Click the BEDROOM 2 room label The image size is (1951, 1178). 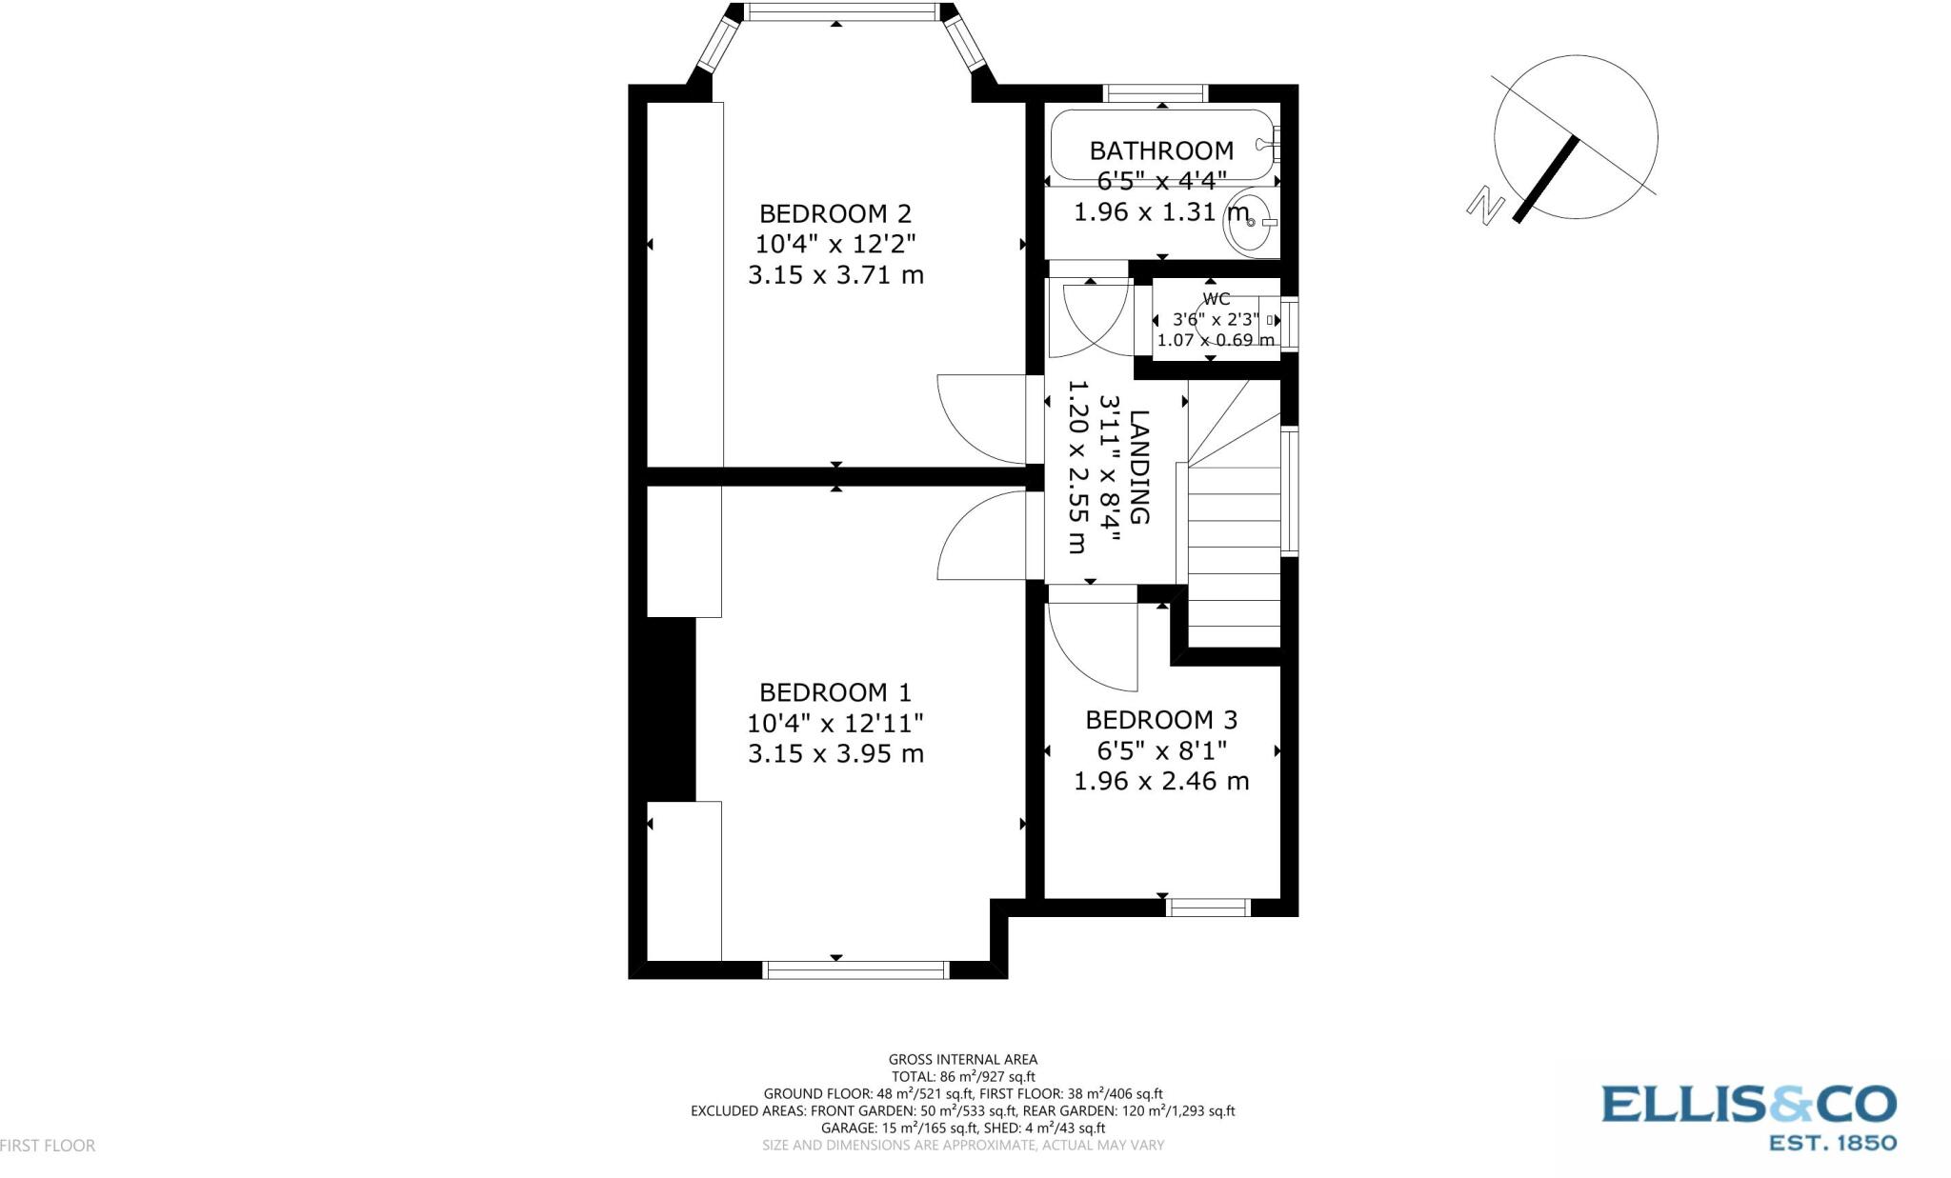pyautogui.click(x=835, y=213)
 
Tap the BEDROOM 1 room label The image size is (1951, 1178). pyautogui.click(x=835, y=692)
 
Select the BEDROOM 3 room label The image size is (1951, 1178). pyautogui.click(x=1161, y=720)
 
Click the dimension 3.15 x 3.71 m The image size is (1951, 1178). pyautogui.click(x=835, y=275)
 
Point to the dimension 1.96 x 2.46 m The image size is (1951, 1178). pyautogui.click(x=1161, y=781)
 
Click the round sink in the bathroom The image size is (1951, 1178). pyautogui.click(x=1251, y=222)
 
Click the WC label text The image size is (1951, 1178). pyautogui.click(x=1217, y=299)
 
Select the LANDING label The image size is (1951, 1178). pyautogui.click(x=1139, y=467)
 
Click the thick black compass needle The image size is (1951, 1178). pyautogui.click(x=1546, y=180)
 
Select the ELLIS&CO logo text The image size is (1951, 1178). pyautogui.click(x=1748, y=1105)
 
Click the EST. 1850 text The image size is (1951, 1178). pyautogui.click(x=1831, y=1142)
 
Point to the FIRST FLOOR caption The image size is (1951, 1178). pyautogui.click(x=48, y=1146)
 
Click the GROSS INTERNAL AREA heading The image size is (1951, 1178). pyautogui.click(x=962, y=1059)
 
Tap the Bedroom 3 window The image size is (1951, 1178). pyautogui.click(x=1208, y=908)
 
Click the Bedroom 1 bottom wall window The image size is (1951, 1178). pyautogui.click(x=855, y=969)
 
